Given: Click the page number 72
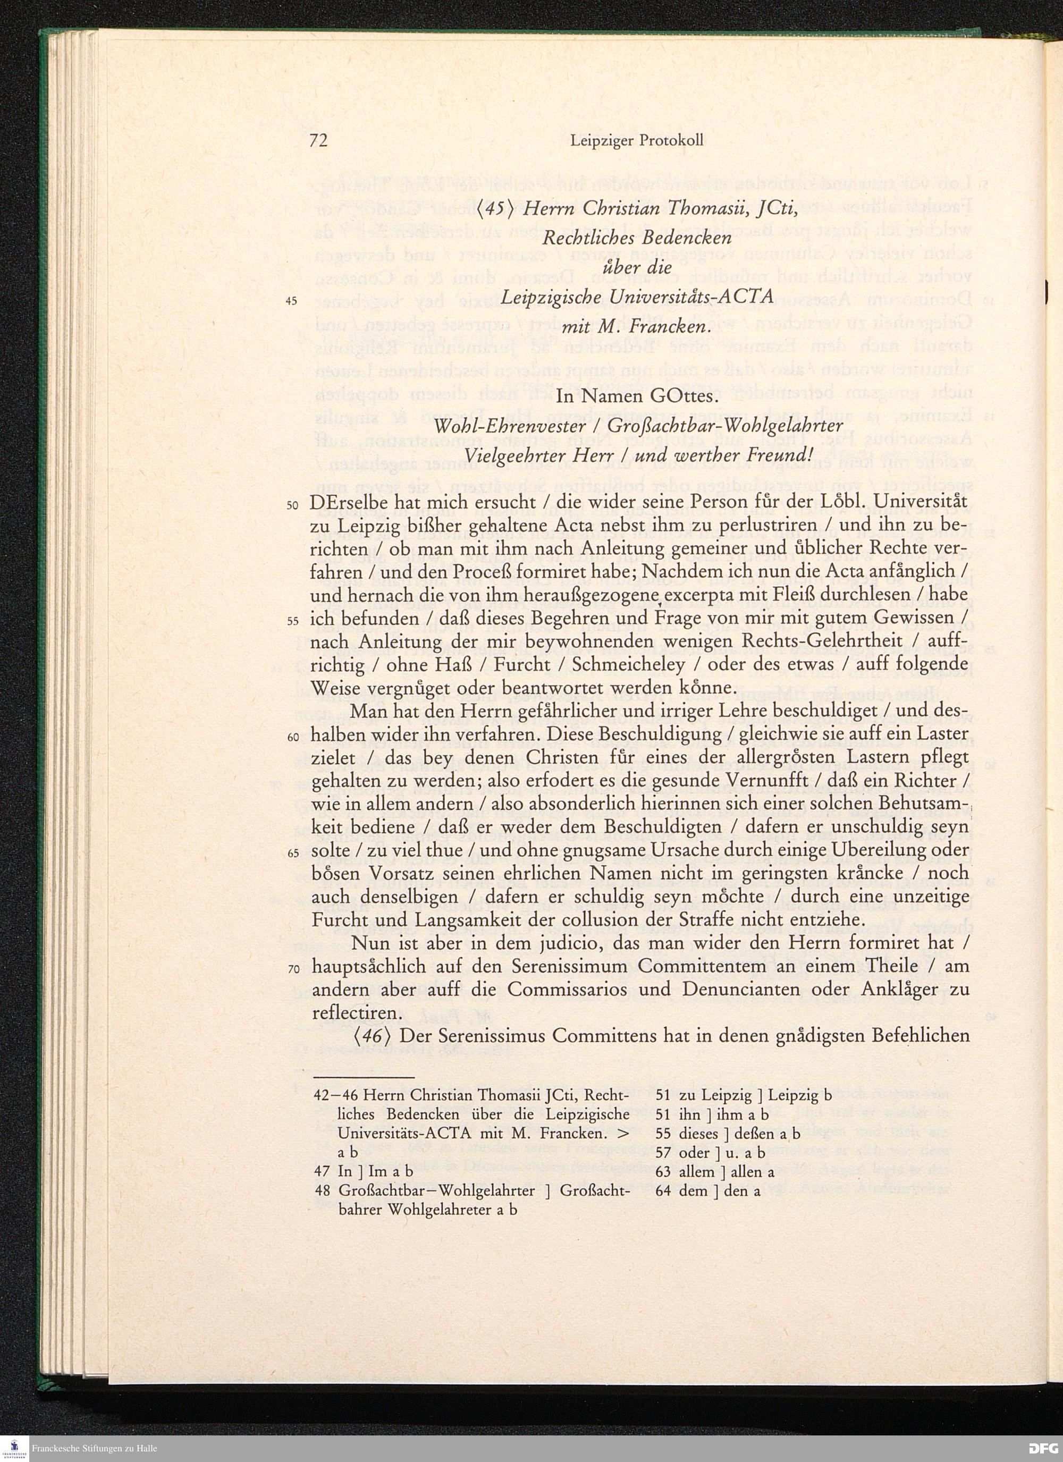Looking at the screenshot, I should pos(318,140).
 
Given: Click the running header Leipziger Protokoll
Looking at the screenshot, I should pos(636,140).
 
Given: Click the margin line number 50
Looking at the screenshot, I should pos(292,505).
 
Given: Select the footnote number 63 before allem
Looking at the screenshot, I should pos(663,1172).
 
